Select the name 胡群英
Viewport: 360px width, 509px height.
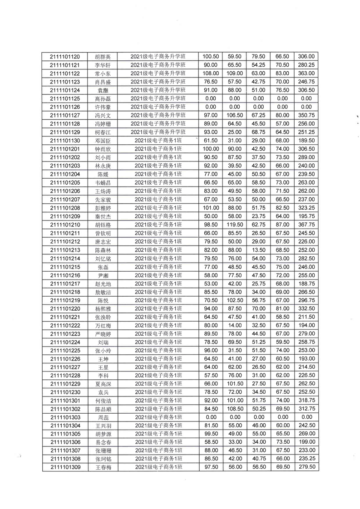(x=103, y=57)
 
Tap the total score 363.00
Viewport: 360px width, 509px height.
(x=306, y=73)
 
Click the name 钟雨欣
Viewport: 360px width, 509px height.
(x=103, y=149)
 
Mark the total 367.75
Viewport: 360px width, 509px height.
(x=306, y=224)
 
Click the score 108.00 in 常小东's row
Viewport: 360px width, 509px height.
(x=210, y=73)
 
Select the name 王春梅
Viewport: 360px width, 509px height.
(x=103, y=467)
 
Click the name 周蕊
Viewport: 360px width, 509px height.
(x=103, y=417)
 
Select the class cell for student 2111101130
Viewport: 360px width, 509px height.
(x=158, y=141)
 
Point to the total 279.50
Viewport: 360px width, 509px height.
(x=306, y=467)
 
